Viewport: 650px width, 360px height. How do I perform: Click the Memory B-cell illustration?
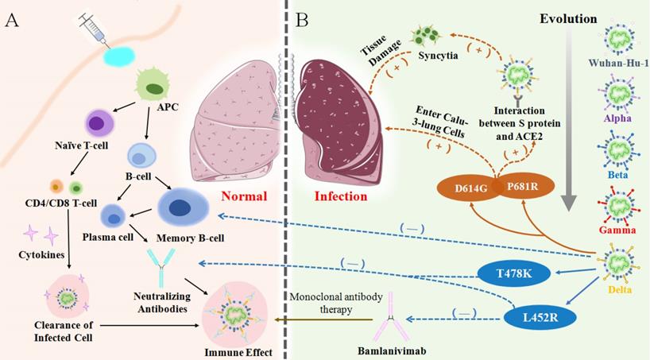[x=184, y=208]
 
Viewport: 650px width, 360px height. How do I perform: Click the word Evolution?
[x=569, y=17]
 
